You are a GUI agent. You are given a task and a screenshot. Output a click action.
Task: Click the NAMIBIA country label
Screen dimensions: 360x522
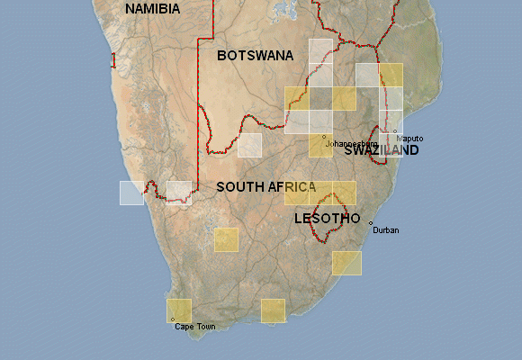tap(152, 9)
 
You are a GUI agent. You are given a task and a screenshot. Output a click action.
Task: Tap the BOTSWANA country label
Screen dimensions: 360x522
tap(255, 56)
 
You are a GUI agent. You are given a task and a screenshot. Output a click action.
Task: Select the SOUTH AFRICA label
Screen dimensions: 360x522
tap(265, 187)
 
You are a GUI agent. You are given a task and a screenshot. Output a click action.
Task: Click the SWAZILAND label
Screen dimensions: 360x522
tap(382, 151)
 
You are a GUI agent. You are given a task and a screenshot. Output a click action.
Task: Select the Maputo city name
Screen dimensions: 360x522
tap(409, 138)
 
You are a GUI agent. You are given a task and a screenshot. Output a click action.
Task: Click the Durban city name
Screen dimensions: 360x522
tap(385, 230)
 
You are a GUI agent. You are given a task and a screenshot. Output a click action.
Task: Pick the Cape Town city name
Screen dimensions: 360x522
tap(194, 327)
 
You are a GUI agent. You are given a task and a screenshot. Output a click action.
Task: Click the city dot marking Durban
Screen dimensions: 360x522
tap(371, 222)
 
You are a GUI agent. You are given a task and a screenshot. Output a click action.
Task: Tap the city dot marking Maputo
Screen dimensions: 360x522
tap(394, 131)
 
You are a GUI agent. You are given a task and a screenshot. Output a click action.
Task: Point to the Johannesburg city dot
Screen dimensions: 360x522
tap(324, 136)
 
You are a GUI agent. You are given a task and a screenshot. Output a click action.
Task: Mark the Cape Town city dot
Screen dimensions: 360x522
tap(172, 319)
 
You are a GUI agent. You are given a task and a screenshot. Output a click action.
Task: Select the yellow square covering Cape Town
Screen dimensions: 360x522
tap(179, 310)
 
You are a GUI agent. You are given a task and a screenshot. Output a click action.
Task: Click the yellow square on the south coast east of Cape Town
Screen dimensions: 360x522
tap(273, 310)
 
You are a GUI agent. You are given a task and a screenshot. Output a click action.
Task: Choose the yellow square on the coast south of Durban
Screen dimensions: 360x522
tap(346, 263)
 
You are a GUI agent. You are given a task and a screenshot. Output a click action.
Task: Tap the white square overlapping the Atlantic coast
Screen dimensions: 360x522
tap(131, 193)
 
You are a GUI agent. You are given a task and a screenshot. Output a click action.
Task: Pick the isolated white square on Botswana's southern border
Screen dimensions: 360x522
tap(249, 145)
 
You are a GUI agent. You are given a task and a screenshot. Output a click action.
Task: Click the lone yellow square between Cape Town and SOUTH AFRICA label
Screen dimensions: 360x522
tap(226, 239)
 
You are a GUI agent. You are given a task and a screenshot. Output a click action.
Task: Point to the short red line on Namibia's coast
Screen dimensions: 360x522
tap(113, 60)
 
